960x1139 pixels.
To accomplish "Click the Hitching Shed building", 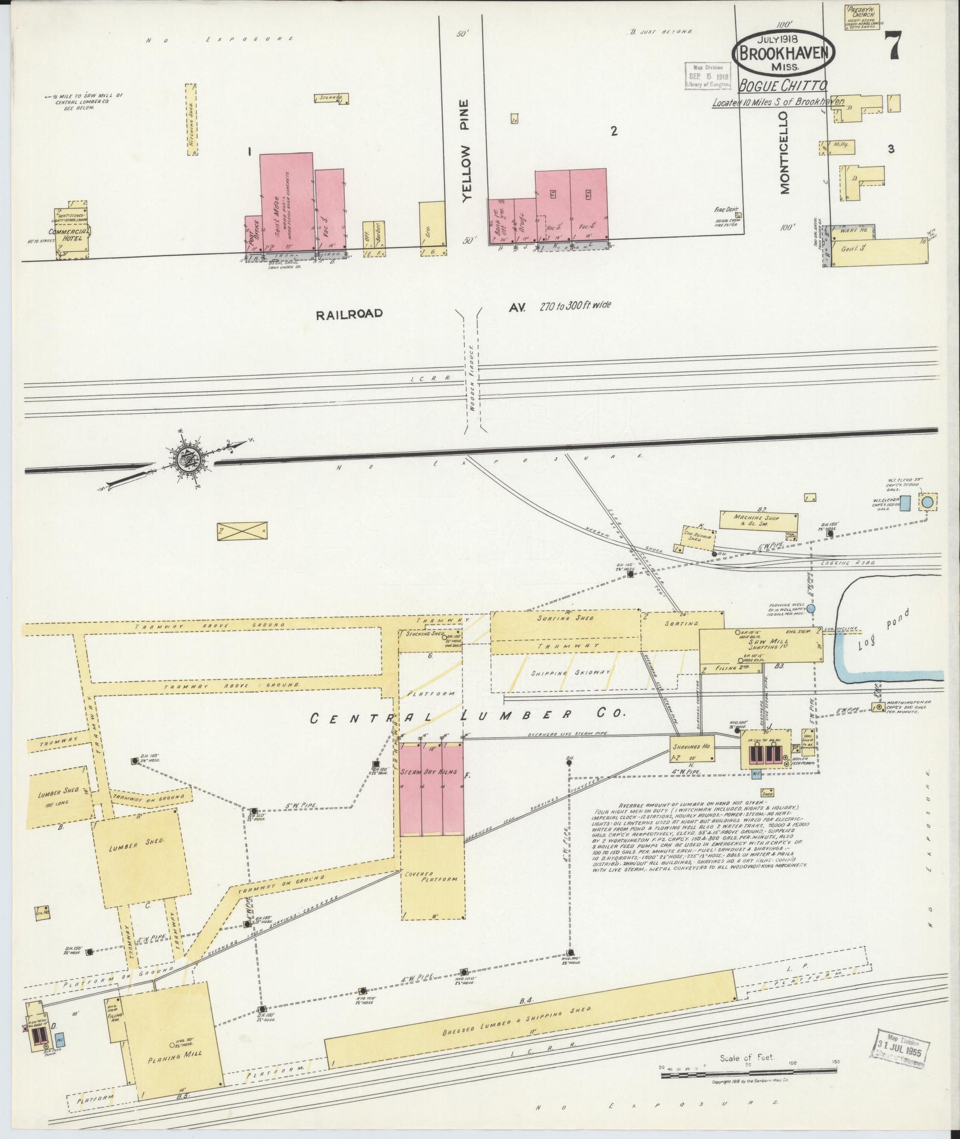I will click(191, 120).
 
